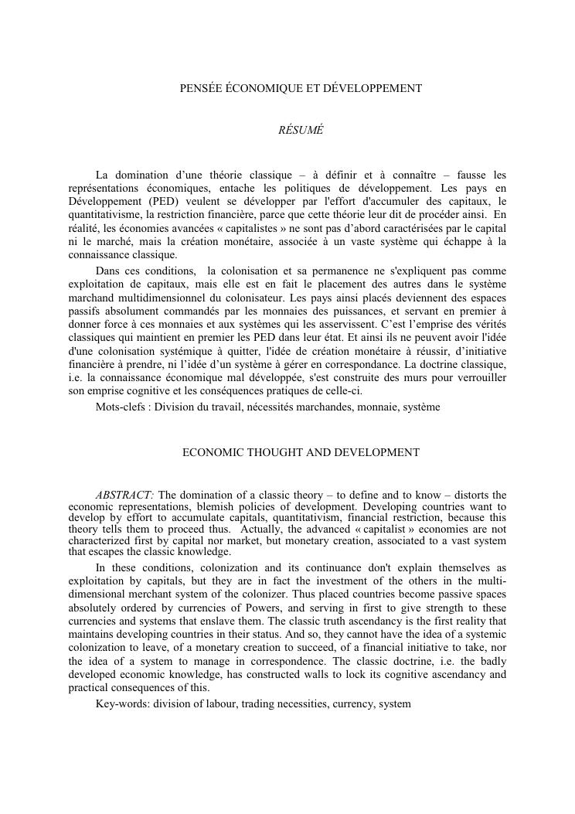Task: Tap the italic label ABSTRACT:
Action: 125,496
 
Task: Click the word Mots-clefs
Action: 121,407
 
